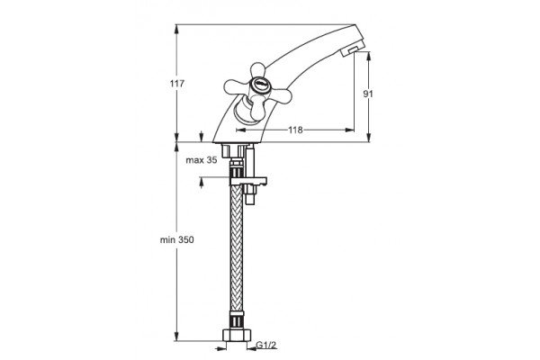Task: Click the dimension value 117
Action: (x=177, y=84)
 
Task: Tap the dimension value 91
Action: (x=368, y=94)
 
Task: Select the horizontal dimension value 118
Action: (x=295, y=130)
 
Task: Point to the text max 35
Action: (x=202, y=160)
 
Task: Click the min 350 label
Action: (x=176, y=239)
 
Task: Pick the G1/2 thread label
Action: (x=266, y=345)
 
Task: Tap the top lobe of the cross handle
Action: (x=256, y=70)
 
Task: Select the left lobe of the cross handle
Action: (x=237, y=86)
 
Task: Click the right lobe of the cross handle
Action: (x=280, y=95)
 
